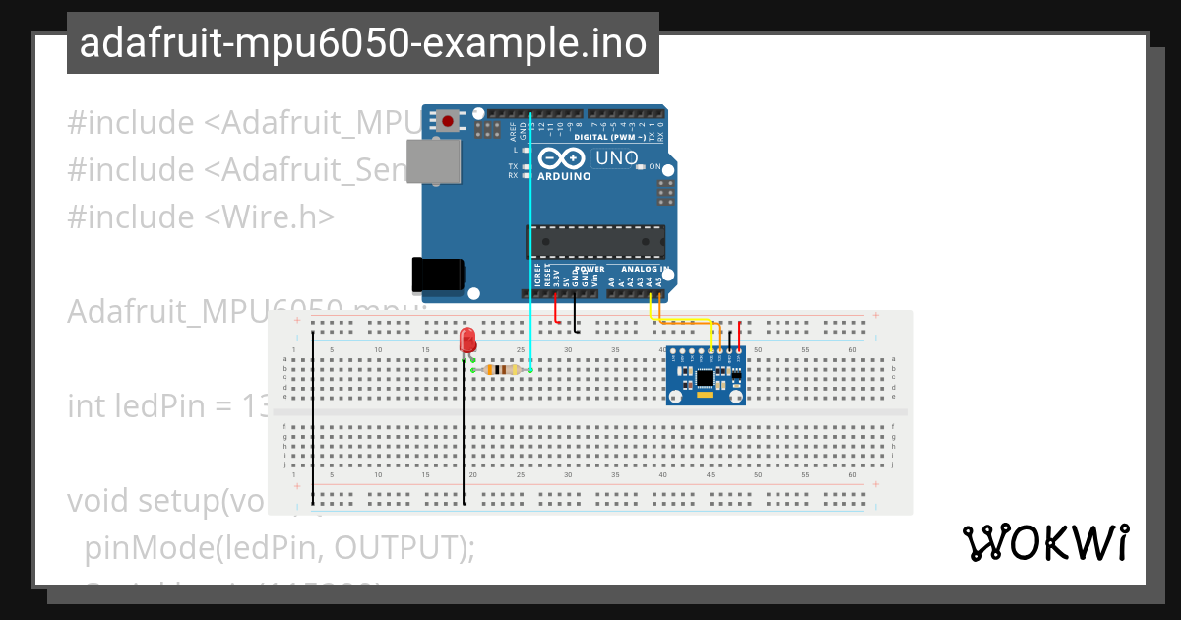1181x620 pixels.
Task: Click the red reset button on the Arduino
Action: point(449,121)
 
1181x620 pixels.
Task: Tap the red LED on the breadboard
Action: point(467,341)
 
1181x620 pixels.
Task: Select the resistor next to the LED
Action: point(503,370)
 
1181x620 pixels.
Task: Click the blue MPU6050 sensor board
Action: point(705,376)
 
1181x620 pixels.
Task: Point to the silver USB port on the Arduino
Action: point(434,161)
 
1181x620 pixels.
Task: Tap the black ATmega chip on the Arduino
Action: point(594,242)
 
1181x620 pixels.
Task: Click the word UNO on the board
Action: point(618,157)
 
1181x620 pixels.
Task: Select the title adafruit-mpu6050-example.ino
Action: point(362,43)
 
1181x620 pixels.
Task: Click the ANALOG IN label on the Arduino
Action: point(645,269)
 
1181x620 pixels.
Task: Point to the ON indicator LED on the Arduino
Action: point(641,167)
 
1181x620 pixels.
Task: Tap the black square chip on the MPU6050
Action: point(705,378)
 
